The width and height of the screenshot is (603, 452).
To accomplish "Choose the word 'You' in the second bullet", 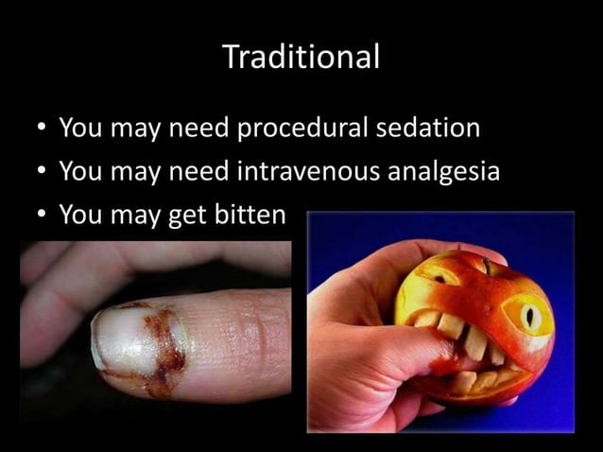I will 80,172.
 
